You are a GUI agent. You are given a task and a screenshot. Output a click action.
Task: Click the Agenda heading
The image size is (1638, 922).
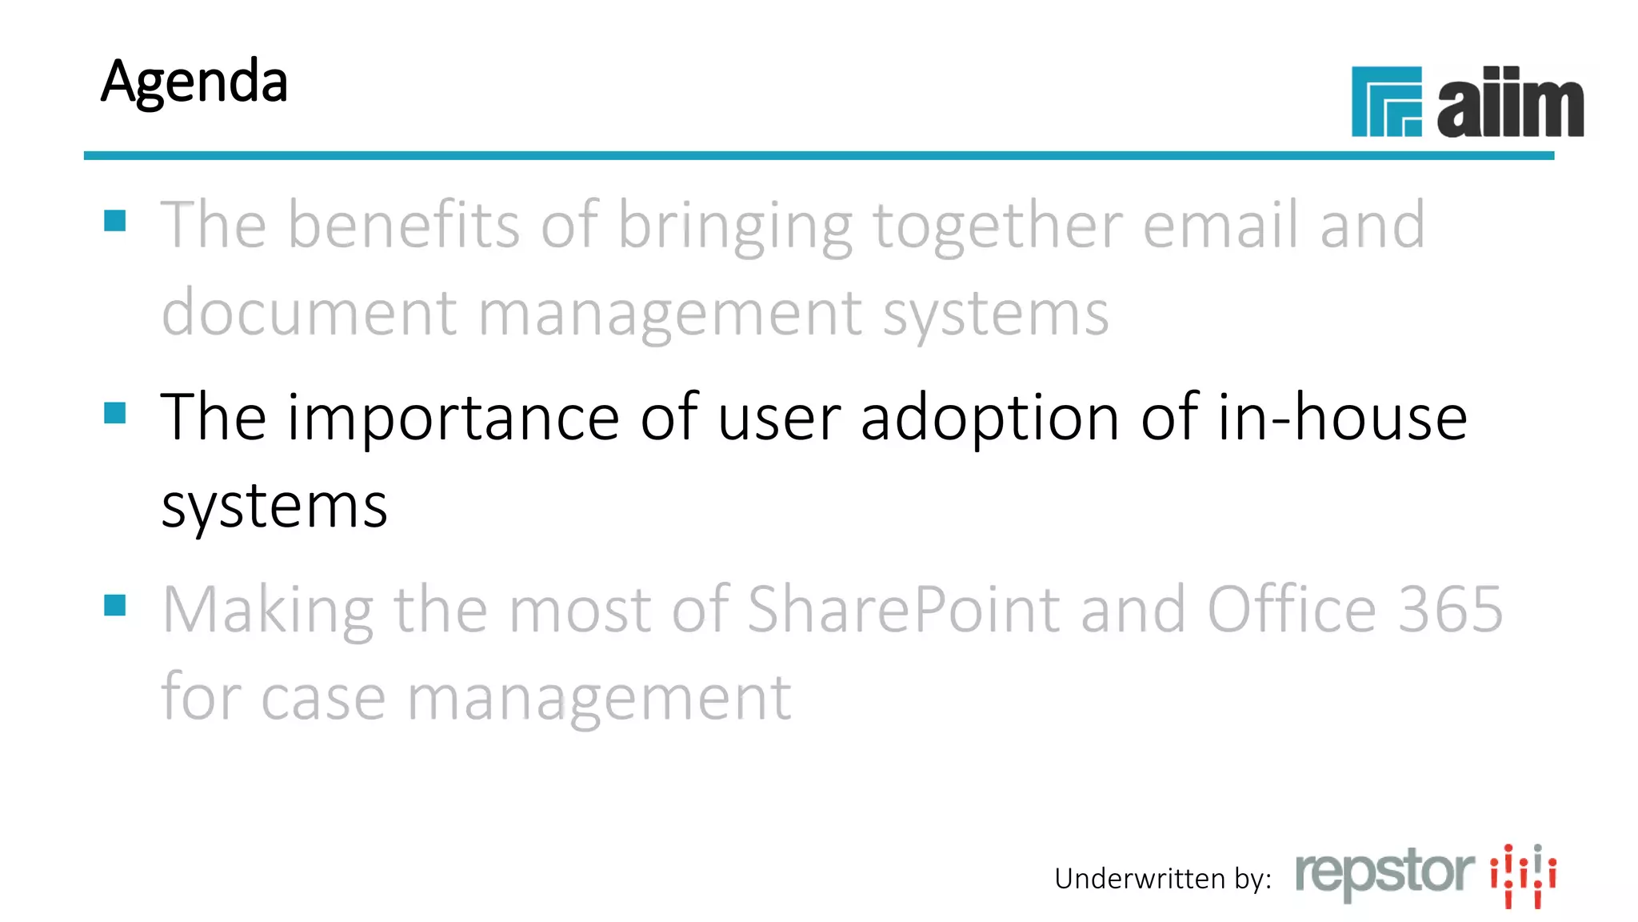coord(194,82)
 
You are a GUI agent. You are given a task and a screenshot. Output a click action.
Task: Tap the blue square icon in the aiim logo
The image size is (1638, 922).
coord(1386,102)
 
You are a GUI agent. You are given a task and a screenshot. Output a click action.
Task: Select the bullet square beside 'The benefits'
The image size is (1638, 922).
coord(115,220)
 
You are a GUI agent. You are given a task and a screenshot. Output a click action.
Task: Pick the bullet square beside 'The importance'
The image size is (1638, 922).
coord(115,413)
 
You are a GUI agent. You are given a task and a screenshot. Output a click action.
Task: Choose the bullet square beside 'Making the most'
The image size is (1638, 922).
coord(115,605)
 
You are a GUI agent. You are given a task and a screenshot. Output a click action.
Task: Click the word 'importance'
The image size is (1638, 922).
coord(453,418)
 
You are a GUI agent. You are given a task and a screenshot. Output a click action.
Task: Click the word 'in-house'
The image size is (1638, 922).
coord(1342,418)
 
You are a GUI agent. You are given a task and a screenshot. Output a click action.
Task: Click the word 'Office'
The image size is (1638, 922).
coord(1292,610)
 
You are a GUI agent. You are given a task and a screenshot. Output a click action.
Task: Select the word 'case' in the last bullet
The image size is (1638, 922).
coord(323,698)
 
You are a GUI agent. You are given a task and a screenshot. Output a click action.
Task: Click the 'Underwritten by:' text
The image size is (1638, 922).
coord(1163,879)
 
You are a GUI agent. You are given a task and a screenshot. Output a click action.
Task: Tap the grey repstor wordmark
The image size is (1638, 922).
coord(1384,873)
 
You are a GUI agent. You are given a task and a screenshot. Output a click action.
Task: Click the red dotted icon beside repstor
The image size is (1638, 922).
coord(1523,876)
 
